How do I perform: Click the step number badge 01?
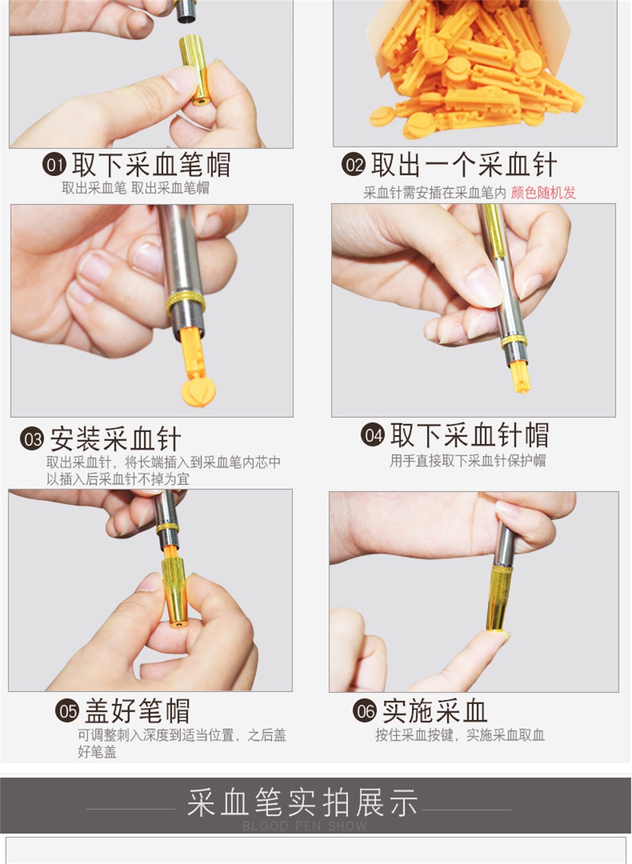click(x=54, y=165)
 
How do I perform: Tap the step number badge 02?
click(x=353, y=165)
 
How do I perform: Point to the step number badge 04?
click(x=373, y=436)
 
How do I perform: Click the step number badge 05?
click(x=66, y=711)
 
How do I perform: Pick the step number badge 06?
click(x=365, y=711)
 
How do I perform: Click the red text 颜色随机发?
click(x=543, y=193)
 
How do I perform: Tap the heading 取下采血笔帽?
click(x=151, y=165)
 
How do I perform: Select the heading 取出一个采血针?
click(x=464, y=165)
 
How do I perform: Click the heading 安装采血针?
click(x=116, y=439)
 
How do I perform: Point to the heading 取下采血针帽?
click(x=469, y=436)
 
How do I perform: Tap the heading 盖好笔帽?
click(x=137, y=711)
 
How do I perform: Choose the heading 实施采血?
click(x=435, y=711)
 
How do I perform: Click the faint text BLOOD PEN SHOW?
click(x=305, y=826)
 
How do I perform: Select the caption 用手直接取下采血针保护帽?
click(x=467, y=461)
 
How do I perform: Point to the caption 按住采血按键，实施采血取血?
click(x=460, y=735)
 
